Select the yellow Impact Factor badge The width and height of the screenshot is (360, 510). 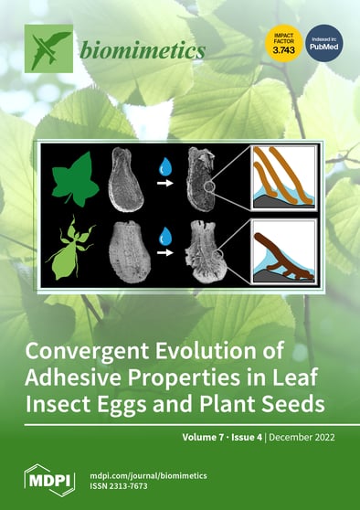(x=282, y=43)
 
